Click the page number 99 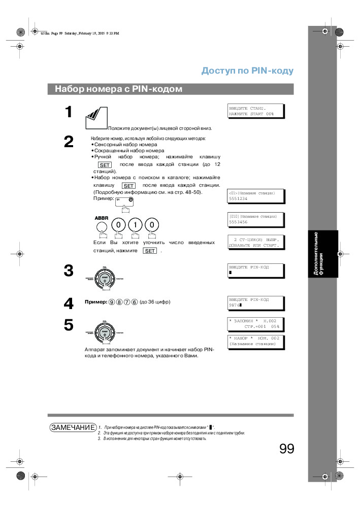tap(286, 449)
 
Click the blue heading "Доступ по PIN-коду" tap(247, 71)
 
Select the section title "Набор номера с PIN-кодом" tap(118, 89)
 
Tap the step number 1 tap(69, 113)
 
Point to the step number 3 tap(69, 270)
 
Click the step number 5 tap(69, 325)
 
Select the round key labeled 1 tap(135, 224)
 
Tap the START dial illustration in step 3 tap(105, 278)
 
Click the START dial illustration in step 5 tap(105, 332)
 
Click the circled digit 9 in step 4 tap(112, 302)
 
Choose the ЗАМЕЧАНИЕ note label tap(73, 427)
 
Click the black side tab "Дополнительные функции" tap(321, 254)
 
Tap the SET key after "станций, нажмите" tap(150, 251)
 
